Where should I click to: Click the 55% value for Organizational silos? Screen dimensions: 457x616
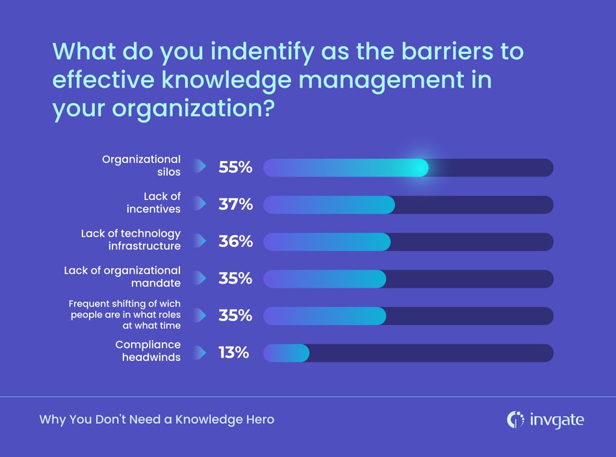click(x=235, y=167)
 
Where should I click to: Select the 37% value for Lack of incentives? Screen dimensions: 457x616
click(x=235, y=204)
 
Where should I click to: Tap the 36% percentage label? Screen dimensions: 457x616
click(x=235, y=241)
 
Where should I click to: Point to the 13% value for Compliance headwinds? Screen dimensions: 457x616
click(x=233, y=352)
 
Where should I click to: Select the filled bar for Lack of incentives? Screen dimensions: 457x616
click(x=329, y=204)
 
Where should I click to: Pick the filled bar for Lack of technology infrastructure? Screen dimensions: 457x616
click(x=326, y=241)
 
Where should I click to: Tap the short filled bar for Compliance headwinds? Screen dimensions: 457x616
click(x=286, y=352)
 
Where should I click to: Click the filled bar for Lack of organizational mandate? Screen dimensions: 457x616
click(x=324, y=278)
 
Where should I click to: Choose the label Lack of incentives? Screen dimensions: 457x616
click(x=153, y=203)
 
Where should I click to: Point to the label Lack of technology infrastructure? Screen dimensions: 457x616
click(x=131, y=240)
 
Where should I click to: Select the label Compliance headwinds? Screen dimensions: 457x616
click(x=148, y=351)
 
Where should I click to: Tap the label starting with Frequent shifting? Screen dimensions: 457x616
click(x=125, y=315)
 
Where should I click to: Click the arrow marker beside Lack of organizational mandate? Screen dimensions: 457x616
click(x=201, y=278)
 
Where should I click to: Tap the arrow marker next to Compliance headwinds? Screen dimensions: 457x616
click(x=201, y=352)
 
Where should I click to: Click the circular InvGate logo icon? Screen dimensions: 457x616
click(x=515, y=420)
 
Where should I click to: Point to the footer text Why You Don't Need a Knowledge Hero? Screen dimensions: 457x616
click(x=157, y=420)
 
